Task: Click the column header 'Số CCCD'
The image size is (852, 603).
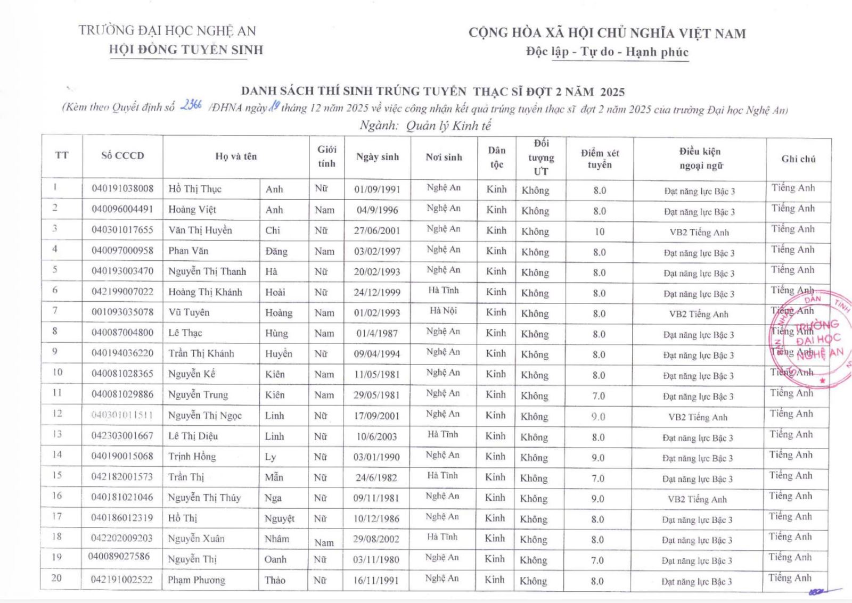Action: pyautogui.click(x=122, y=155)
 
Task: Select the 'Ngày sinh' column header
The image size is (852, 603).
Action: pyautogui.click(x=377, y=157)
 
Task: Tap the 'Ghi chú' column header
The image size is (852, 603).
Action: pyautogui.click(x=798, y=159)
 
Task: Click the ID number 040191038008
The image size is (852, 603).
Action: pyautogui.click(x=122, y=188)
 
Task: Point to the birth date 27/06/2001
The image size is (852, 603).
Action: pyautogui.click(x=377, y=230)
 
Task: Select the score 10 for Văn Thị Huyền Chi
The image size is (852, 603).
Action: pyautogui.click(x=600, y=232)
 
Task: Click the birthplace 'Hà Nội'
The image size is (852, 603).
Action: pyautogui.click(x=444, y=311)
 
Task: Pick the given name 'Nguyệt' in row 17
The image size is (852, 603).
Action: pyautogui.click(x=279, y=518)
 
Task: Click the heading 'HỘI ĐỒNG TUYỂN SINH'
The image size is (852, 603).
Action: pyautogui.click(x=186, y=50)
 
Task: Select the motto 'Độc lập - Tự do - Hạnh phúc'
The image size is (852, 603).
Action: pyautogui.click(x=607, y=52)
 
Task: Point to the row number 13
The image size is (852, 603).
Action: pyautogui.click(x=57, y=434)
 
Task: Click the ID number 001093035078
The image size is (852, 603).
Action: pyautogui.click(x=122, y=312)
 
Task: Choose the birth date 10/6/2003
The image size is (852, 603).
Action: pyautogui.click(x=376, y=436)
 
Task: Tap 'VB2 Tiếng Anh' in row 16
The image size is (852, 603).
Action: pyautogui.click(x=697, y=499)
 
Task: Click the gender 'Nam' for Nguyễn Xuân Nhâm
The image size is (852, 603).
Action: pyautogui.click(x=324, y=542)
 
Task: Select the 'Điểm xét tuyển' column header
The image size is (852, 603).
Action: pyautogui.click(x=600, y=159)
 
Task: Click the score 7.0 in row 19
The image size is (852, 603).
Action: pyautogui.click(x=597, y=560)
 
